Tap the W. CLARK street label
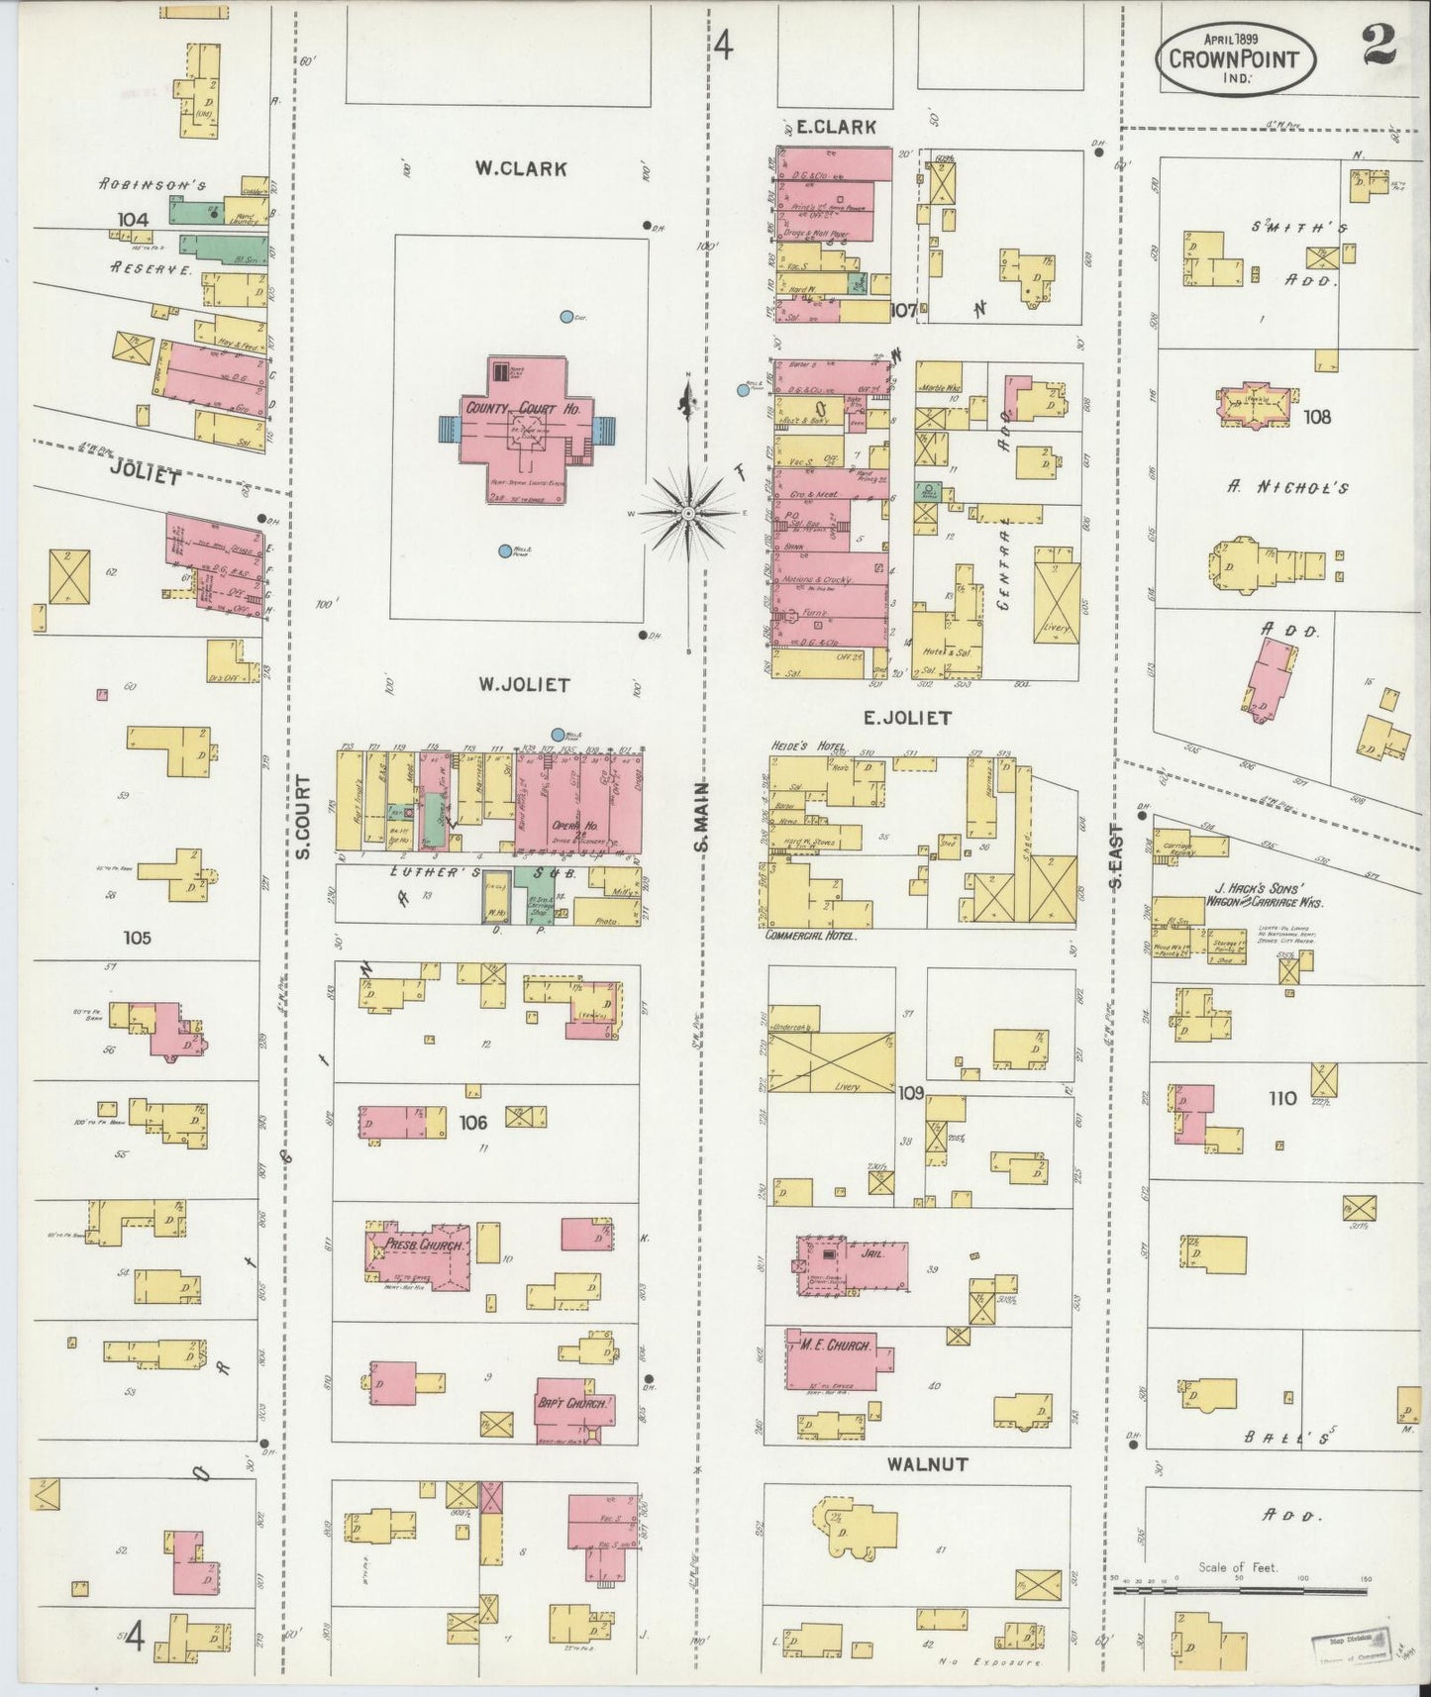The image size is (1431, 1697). coord(520,169)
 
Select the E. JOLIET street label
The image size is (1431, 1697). coord(906,718)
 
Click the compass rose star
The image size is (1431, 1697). coord(688,513)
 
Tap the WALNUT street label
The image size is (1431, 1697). coord(927,1463)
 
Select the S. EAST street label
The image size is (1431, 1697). coord(1114,856)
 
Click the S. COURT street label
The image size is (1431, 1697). coord(303,816)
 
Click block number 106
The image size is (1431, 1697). coord(473,1122)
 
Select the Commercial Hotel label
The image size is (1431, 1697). coord(810,935)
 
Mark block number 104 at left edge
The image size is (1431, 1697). coord(132,220)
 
